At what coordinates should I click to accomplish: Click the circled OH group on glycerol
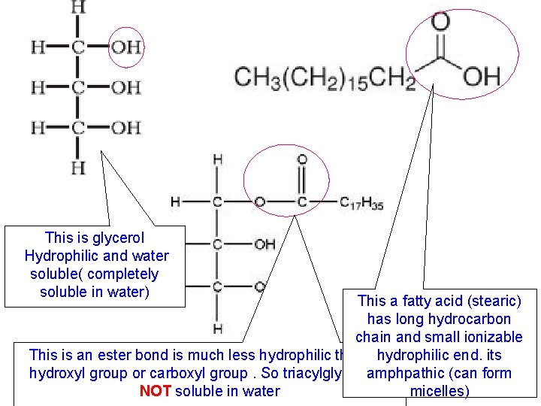125,47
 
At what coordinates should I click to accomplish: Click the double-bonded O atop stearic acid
440,23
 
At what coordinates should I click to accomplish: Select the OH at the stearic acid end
482,76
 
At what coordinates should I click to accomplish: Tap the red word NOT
155,391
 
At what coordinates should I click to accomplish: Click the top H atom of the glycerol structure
77,8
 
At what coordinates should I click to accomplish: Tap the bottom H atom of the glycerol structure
77,166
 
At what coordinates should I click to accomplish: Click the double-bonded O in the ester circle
302,159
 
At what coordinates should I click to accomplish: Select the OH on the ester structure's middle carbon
264,244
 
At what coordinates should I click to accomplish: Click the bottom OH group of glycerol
125,128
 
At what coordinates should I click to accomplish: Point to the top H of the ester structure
217,159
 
